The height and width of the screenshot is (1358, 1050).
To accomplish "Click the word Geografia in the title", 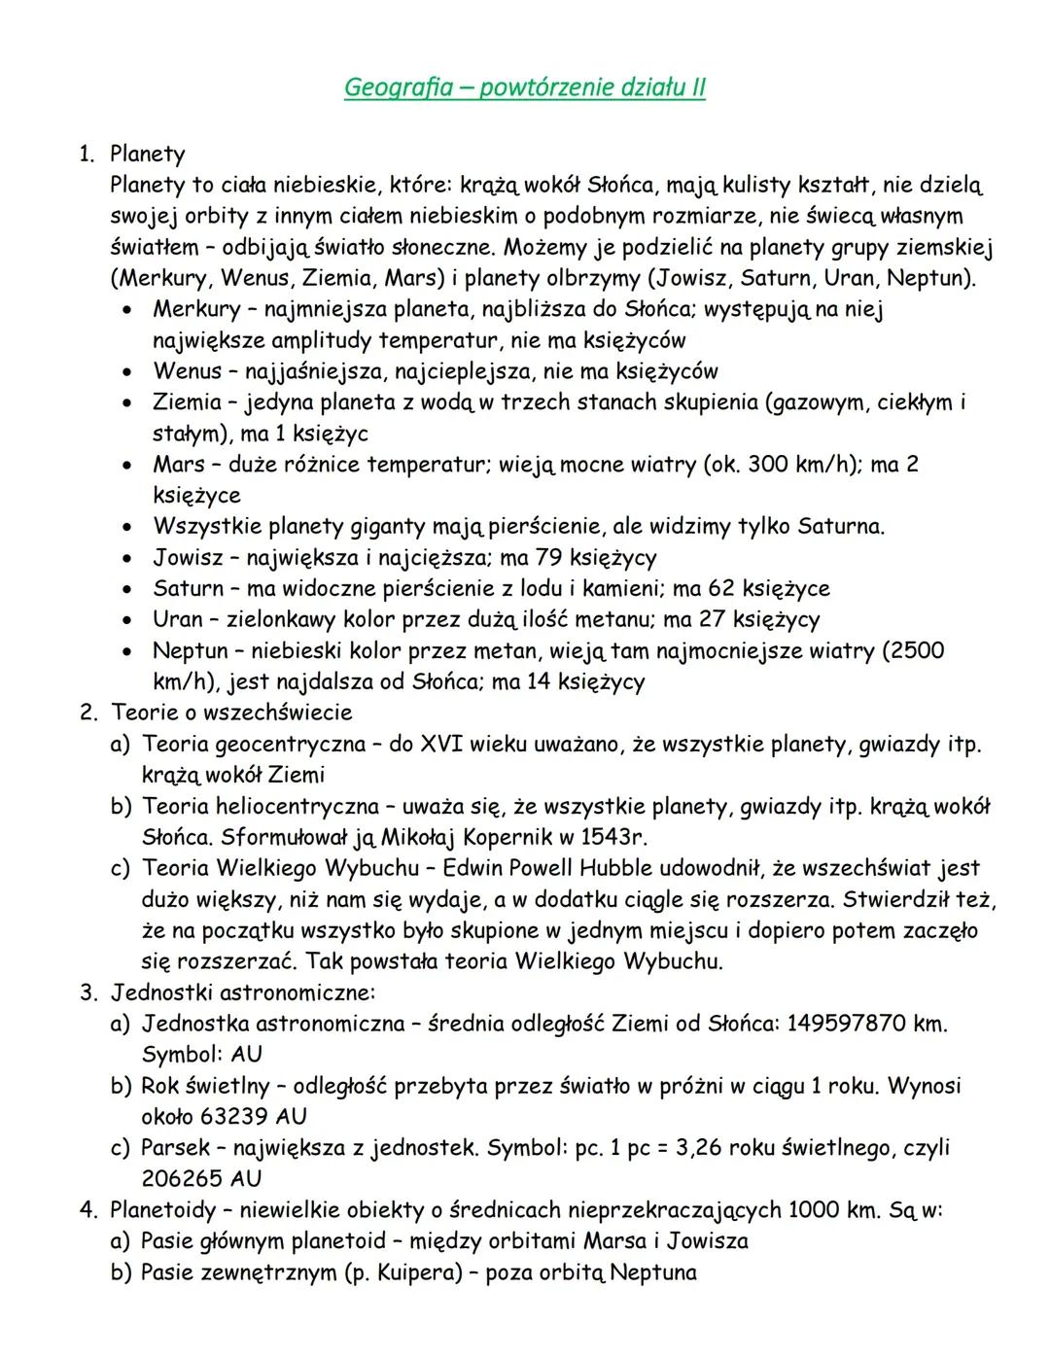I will tap(398, 88).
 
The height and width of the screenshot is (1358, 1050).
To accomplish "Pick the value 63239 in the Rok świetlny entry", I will tap(232, 1116).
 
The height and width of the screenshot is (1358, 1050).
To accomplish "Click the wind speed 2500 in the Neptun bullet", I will tap(916, 650).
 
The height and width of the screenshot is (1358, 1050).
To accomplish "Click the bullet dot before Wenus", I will tap(127, 371).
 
